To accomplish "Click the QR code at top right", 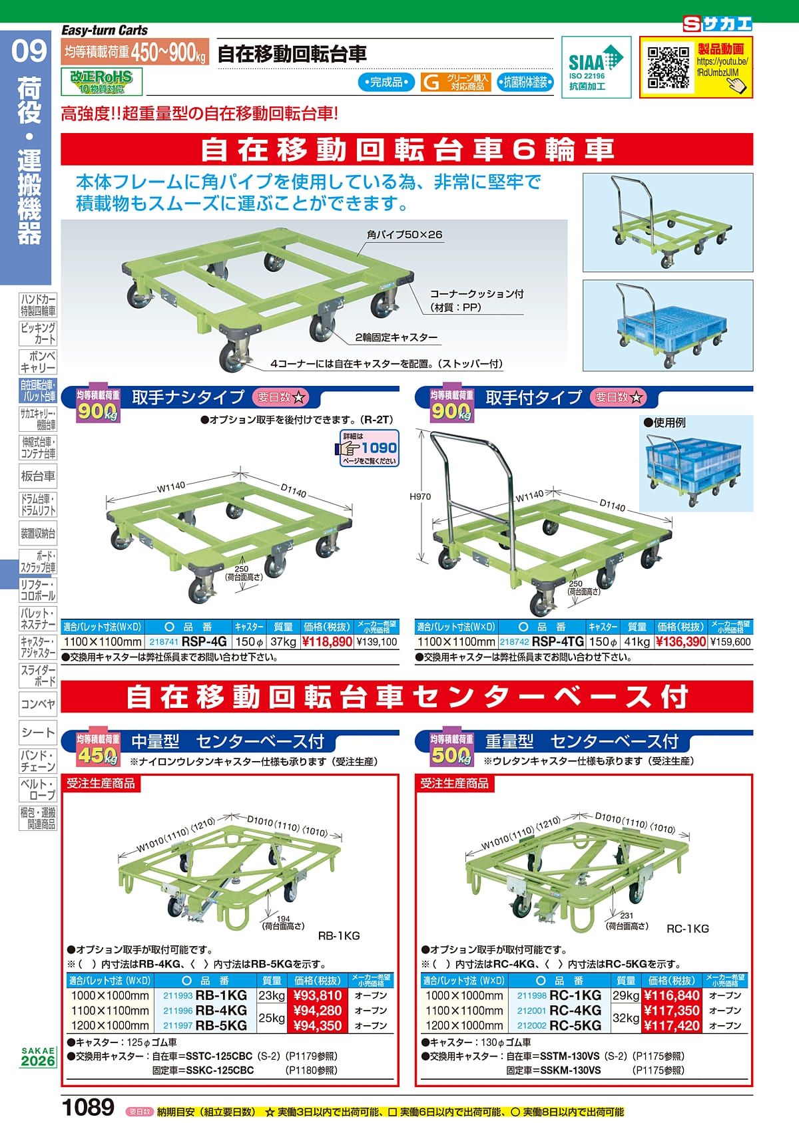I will (x=668, y=67).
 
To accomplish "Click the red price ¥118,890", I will (x=327, y=642).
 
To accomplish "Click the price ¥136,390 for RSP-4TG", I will (x=680, y=642).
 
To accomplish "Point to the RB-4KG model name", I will (x=222, y=1011).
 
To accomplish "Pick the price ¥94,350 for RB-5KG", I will (x=317, y=1025).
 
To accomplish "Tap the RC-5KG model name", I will (x=575, y=1025).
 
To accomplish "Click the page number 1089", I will (x=88, y=1108).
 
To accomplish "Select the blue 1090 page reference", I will (x=378, y=448).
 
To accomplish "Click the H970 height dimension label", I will (x=421, y=496).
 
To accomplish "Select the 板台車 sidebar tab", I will (x=38, y=476).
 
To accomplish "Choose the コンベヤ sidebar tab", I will (x=38, y=703).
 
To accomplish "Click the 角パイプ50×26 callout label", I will (x=404, y=235).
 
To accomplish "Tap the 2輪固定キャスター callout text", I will (x=397, y=337).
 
